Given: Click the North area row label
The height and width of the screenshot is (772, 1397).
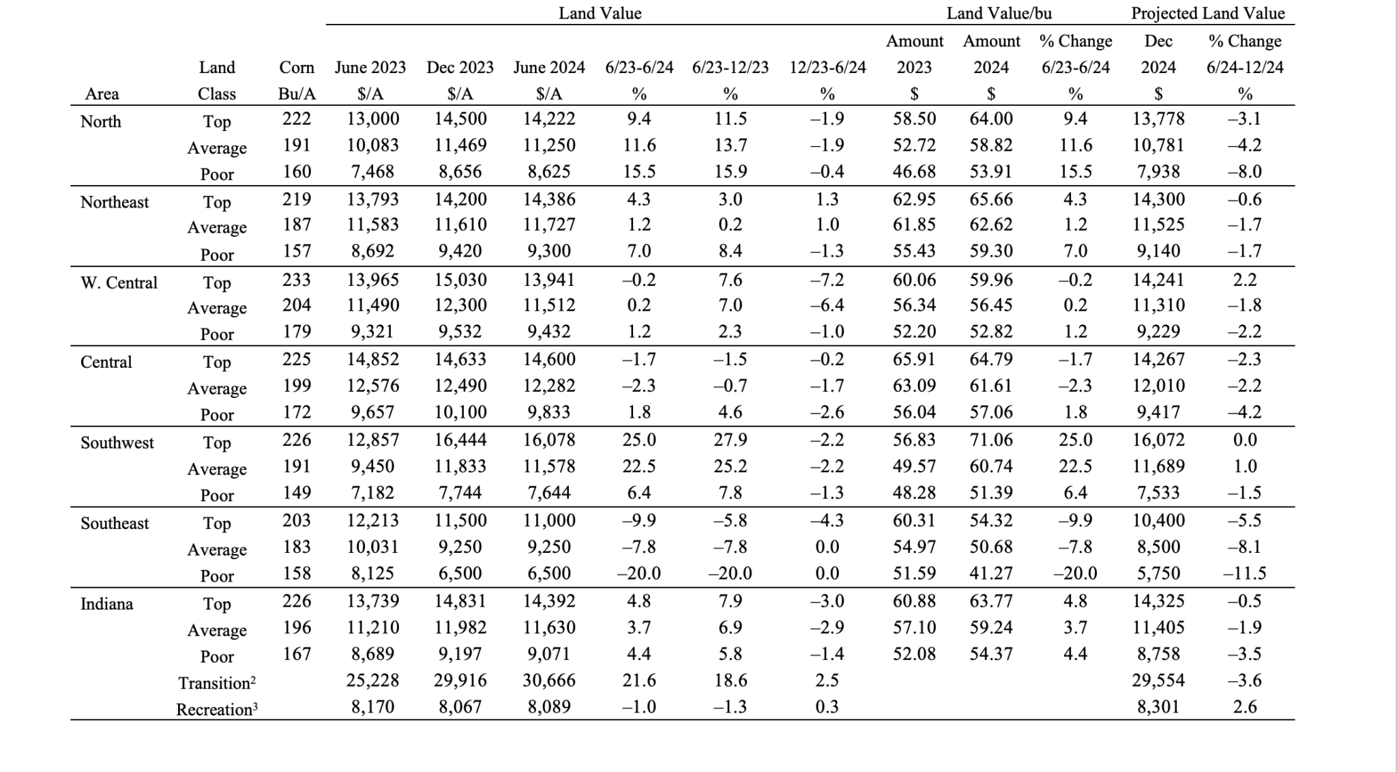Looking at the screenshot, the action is click(100, 121).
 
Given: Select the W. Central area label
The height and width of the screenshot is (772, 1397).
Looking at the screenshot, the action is click(119, 283).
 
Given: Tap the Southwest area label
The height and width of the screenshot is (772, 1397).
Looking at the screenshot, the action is click(117, 442).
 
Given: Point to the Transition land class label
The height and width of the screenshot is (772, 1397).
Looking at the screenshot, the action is click(217, 683).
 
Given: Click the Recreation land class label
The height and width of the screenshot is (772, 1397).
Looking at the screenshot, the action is click(217, 709).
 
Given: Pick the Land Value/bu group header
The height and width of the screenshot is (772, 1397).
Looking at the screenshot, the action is click(999, 13).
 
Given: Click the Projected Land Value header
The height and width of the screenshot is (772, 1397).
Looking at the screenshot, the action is click(1207, 13).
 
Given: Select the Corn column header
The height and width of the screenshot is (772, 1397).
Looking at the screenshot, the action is click(297, 68).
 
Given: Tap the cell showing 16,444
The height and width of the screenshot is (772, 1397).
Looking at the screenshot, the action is click(460, 440).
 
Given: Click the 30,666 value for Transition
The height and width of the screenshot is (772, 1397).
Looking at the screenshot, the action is click(549, 680).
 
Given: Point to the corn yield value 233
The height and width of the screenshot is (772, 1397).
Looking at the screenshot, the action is click(297, 280).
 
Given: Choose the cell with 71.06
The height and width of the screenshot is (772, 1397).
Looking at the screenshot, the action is click(991, 440).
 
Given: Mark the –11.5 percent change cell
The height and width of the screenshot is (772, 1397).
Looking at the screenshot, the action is click(1244, 573).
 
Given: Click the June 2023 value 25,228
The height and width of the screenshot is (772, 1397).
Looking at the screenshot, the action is click(372, 680).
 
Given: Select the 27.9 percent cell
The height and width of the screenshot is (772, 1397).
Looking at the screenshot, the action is click(730, 440).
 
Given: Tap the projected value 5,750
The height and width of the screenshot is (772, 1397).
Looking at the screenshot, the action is click(1158, 573).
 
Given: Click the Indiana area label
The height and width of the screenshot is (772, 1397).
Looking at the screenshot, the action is click(106, 603).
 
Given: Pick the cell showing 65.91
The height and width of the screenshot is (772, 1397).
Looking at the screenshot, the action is click(914, 359).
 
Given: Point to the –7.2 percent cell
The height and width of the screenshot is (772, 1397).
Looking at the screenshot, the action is click(827, 280).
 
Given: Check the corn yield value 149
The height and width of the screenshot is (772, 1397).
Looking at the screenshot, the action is click(297, 492).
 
